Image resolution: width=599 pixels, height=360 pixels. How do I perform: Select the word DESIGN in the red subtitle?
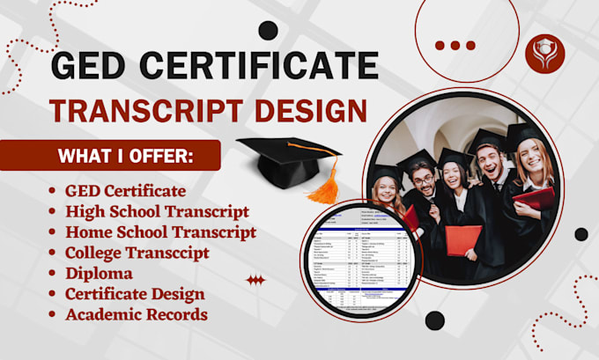point(309,110)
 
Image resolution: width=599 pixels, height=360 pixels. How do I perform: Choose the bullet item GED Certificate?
point(125,191)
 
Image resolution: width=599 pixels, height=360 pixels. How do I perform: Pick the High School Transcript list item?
point(157,211)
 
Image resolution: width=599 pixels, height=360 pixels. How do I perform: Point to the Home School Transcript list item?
point(160,232)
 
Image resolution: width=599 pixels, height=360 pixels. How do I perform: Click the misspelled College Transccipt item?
point(137,253)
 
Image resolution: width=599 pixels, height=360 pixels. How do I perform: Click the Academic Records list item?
point(136,313)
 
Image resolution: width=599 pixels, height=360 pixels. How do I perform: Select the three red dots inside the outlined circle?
point(455,45)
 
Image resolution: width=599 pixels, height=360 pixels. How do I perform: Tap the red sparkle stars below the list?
point(255,280)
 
